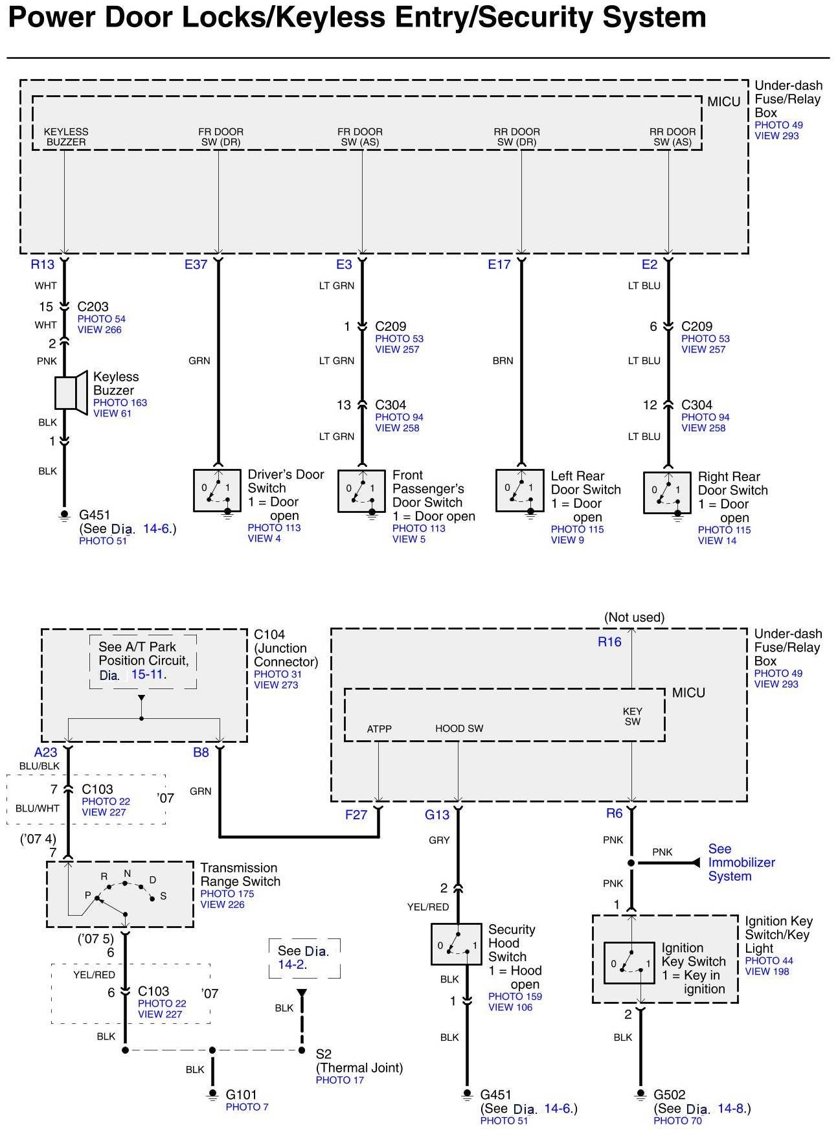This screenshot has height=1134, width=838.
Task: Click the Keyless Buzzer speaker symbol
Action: pos(71,392)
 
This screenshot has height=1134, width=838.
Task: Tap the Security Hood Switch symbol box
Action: pos(456,944)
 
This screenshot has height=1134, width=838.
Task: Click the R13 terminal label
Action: pos(43,264)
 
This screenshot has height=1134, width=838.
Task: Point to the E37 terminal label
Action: pos(196,264)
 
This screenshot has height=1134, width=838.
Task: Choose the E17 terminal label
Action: pos(499,264)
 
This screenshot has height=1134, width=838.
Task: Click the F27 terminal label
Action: pos(356,815)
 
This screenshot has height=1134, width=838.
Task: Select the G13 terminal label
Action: pos(437,815)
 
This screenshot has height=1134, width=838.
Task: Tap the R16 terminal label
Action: pos(609,642)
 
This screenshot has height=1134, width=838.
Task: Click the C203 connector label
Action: pos(93,307)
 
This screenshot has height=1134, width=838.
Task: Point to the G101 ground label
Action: pos(242,1095)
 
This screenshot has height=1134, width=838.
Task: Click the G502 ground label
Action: pos(670,1094)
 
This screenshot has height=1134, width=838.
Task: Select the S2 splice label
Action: pos(323,1054)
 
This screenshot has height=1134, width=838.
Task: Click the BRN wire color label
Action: pos(503,361)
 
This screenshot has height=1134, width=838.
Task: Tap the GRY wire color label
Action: pos(439,840)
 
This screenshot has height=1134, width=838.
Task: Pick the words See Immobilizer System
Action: pos(741,862)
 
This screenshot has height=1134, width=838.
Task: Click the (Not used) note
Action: pos(634,617)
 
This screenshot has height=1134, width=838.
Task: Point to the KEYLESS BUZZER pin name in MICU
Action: pos(66,137)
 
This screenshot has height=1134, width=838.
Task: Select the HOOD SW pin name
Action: pos(459,729)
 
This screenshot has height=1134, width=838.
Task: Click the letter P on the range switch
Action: pos(88,895)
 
